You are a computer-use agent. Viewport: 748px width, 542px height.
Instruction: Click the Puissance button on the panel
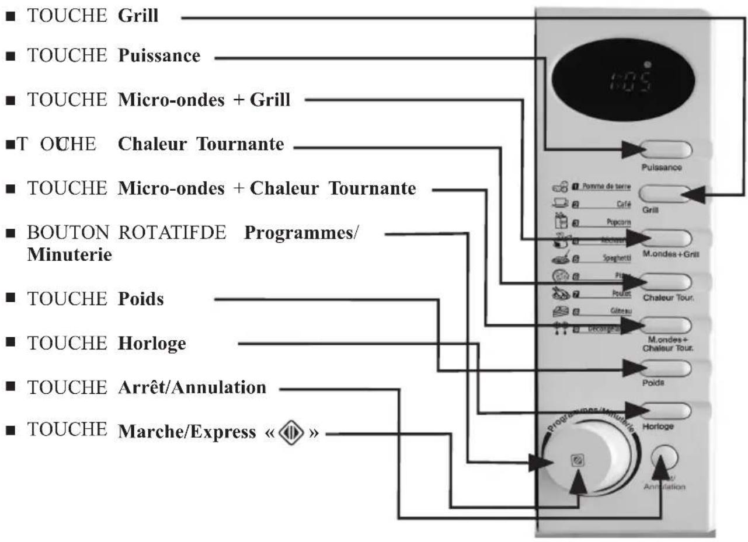tap(666, 150)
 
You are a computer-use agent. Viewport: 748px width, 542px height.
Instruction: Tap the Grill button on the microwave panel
tap(666, 194)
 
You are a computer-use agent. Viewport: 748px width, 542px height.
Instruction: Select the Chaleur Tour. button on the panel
tap(666, 281)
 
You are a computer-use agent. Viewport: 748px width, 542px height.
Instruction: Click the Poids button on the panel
tap(666, 369)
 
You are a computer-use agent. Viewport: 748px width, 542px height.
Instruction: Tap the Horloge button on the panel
tap(666, 411)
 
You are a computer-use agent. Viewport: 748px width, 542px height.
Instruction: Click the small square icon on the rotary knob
tap(578, 461)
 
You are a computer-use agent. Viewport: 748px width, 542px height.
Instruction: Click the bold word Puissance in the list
tap(159, 56)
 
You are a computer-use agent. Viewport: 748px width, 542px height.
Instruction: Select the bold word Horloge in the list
tap(152, 344)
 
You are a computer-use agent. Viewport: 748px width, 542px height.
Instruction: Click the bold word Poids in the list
tap(141, 299)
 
